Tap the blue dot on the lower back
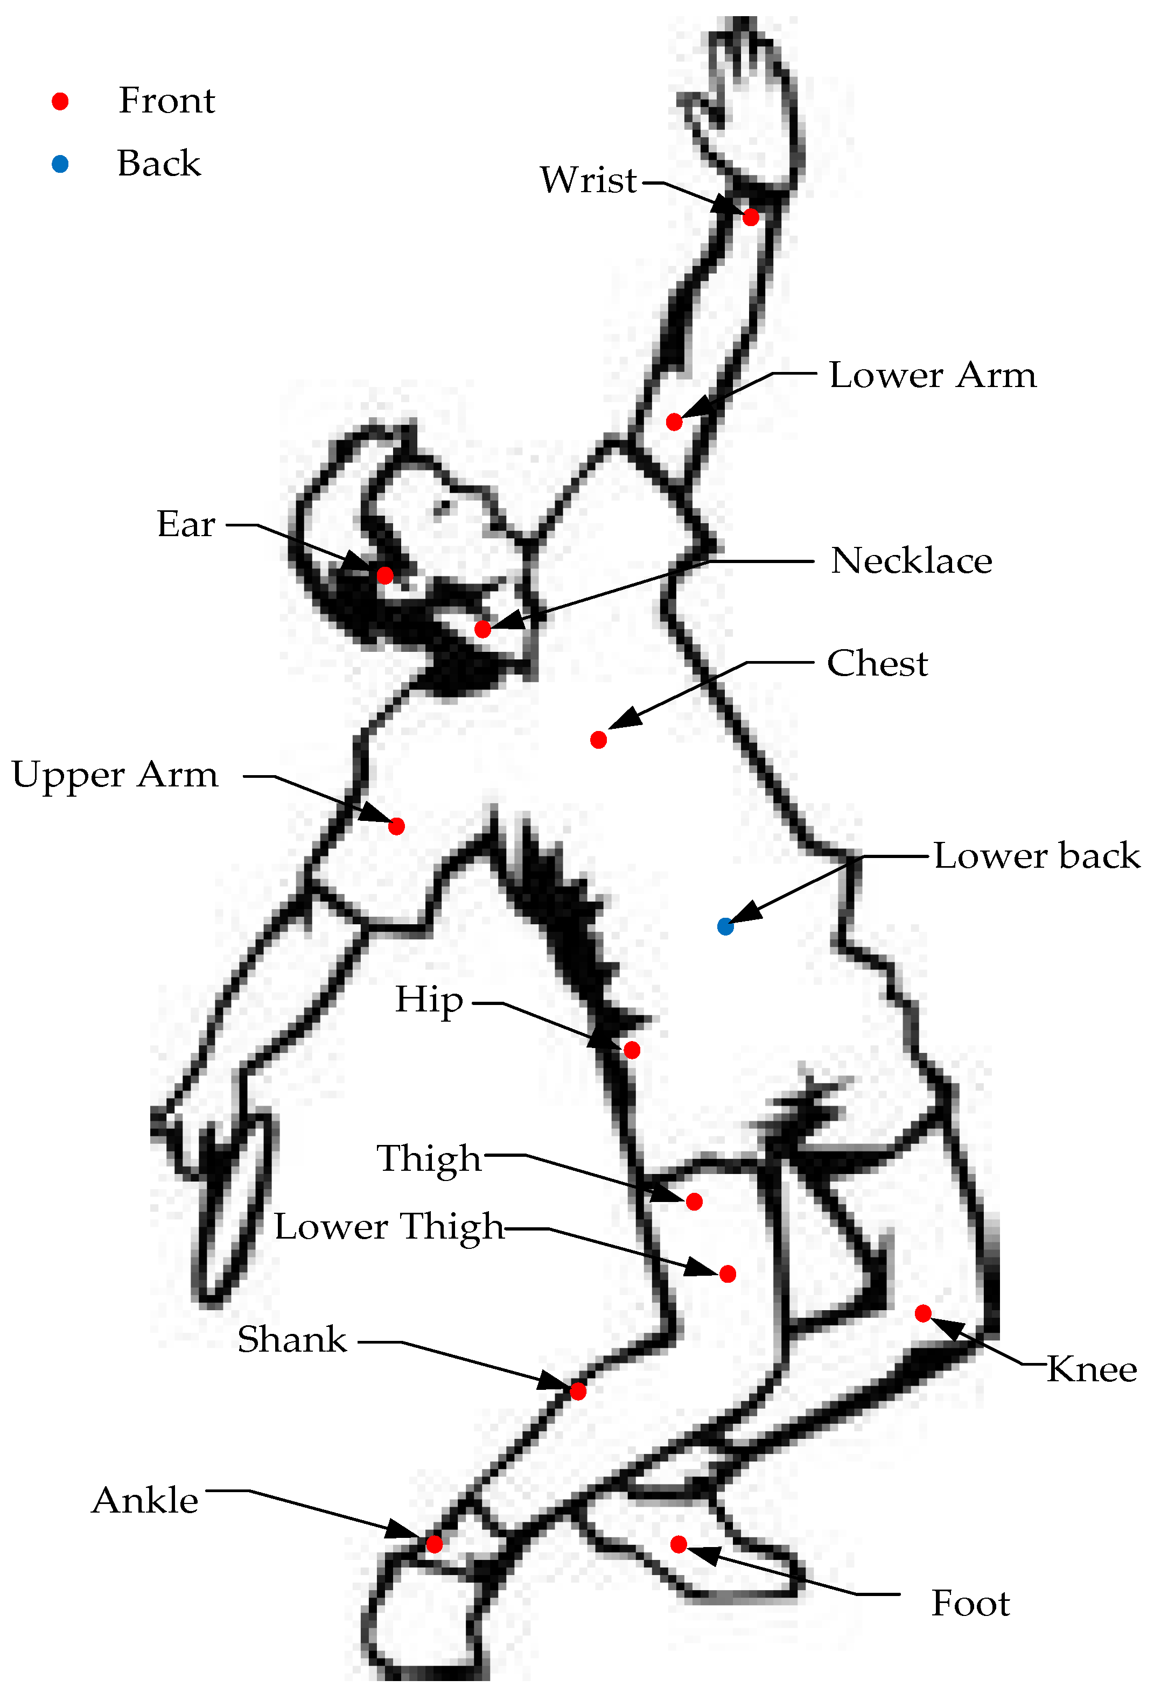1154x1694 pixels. coord(725,926)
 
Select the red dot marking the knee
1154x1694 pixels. coord(923,1313)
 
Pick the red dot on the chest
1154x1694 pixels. coord(598,740)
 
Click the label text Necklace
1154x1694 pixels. coord(911,561)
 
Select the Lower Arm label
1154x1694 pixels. coord(932,375)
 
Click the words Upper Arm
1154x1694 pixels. coord(115,775)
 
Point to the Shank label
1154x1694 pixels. coord(292,1340)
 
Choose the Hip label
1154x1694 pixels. coord(429,1000)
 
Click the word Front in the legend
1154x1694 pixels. coord(167,101)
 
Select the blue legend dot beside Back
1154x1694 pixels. coord(60,164)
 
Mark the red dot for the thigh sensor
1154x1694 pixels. coord(694,1201)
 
